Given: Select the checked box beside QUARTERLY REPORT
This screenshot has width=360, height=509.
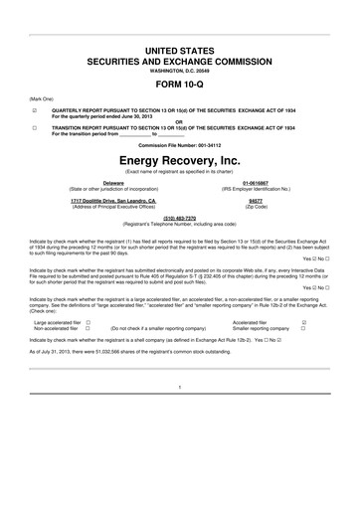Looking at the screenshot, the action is pos(35,111).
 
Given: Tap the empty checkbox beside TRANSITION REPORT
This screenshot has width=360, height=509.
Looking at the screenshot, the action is pos(35,128).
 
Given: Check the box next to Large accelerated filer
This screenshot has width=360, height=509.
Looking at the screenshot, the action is pos(89,322).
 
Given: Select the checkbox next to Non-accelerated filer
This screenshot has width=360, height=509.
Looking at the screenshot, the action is pos(89,328).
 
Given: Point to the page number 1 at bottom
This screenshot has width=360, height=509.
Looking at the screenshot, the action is pos(180,386).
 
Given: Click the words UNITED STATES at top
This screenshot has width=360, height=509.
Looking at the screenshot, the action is pos(180,48).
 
